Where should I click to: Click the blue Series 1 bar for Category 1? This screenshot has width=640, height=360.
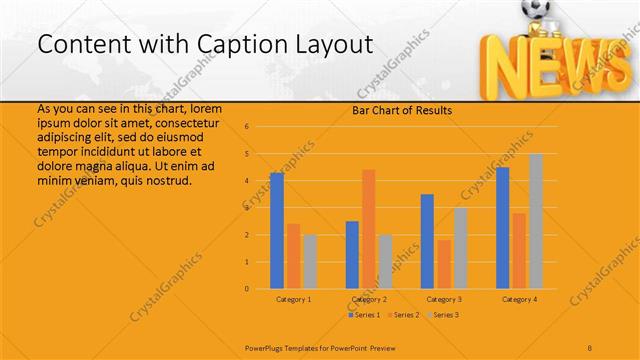(277, 231)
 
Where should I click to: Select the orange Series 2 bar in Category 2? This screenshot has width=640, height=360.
(368, 229)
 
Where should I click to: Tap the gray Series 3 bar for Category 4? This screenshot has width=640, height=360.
(535, 221)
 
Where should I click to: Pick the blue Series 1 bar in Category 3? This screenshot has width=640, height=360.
(427, 241)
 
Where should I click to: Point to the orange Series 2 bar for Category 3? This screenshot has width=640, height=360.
(443, 264)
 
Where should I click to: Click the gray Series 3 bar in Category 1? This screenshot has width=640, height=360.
(309, 262)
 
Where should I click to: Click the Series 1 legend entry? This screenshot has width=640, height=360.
(366, 315)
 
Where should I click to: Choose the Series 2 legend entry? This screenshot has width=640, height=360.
(403, 315)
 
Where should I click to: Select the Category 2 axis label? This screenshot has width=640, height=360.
(368, 299)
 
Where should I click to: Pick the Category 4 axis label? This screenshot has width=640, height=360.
(519, 299)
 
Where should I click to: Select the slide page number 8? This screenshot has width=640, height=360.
(590, 348)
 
